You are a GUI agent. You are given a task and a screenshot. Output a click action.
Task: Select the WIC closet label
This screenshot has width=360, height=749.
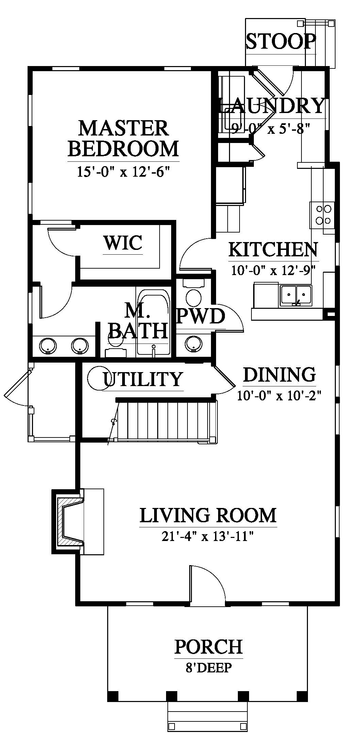click(123, 243)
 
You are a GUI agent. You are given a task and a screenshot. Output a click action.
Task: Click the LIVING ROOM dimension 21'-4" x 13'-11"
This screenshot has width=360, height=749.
click(208, 537)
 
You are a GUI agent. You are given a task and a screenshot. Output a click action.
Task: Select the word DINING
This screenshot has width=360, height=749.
click(279, 374)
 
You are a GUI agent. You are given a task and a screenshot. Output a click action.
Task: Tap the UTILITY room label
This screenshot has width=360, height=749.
click(143, 379)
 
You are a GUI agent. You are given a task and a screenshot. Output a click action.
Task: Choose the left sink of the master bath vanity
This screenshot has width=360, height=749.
click(48, 345)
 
